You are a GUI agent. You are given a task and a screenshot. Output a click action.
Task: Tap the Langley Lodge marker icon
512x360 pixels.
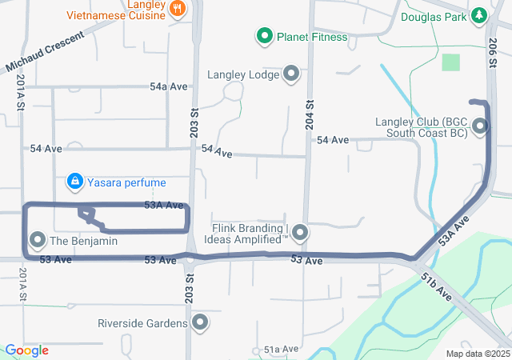point(290,74)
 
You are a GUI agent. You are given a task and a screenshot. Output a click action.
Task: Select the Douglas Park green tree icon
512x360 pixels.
point(479,15)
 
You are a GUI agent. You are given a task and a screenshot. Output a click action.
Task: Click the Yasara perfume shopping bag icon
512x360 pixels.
point(74,182)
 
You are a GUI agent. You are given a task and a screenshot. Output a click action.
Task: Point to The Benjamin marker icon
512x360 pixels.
point(38,240)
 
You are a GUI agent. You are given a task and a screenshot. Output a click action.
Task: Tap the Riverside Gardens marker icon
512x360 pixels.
point(199,323)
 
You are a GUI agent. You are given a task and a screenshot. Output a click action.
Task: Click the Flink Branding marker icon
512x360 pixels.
point(300,233)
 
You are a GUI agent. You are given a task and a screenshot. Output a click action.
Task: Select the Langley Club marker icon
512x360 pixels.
point(480,126)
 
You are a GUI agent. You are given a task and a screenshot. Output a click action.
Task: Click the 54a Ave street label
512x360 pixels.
point(168,86)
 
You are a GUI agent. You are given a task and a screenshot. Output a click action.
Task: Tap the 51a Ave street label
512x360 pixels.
point(282,350)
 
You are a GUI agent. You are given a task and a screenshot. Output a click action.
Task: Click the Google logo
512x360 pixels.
point(26,350)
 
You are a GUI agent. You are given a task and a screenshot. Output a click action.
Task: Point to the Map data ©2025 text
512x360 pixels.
point(478,354)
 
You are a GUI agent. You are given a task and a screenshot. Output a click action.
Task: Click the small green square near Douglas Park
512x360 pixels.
point(451,62)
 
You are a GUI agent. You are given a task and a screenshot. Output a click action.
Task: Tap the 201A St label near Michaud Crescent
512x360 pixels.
point(19,88)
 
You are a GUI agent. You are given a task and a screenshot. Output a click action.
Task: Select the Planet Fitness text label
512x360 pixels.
point(312,37)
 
